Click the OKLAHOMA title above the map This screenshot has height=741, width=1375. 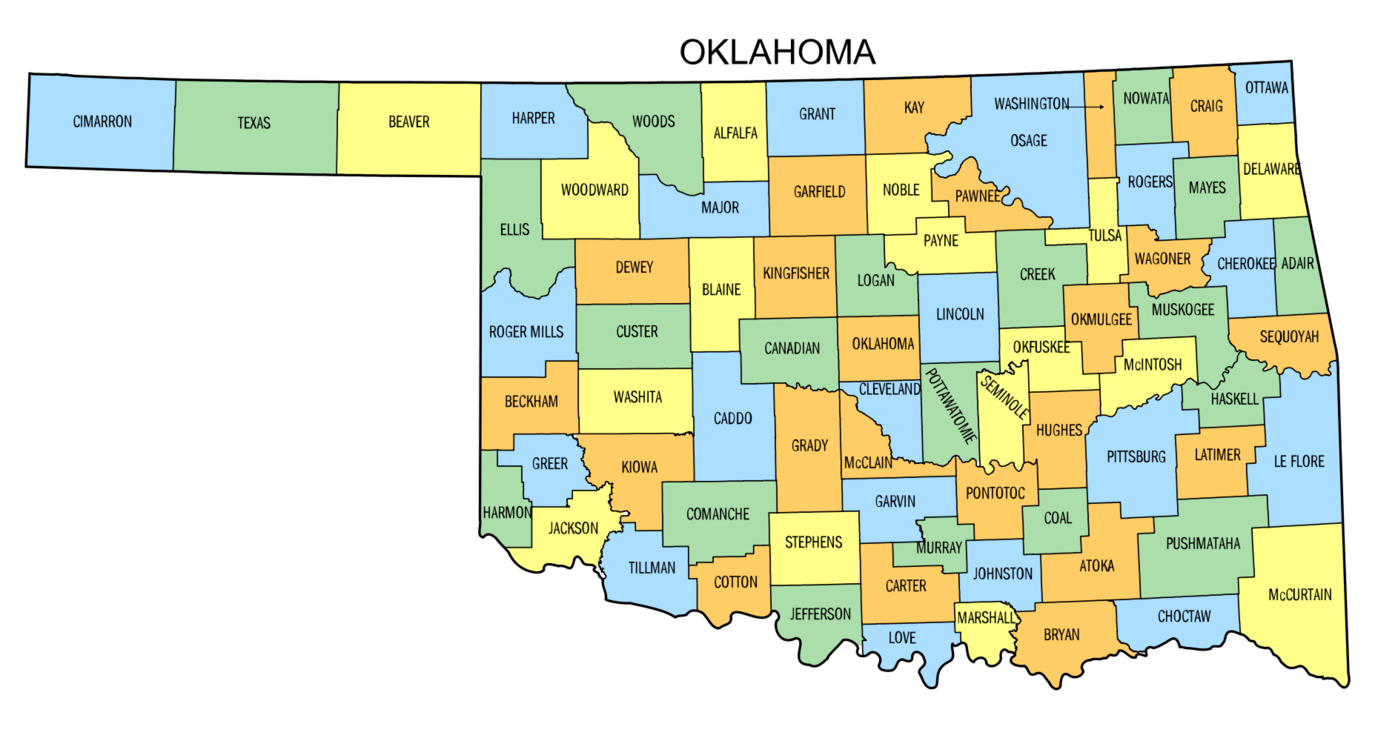coord(777,52)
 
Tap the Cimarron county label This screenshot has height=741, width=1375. coord(102,122)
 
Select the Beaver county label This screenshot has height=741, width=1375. coord(408,122)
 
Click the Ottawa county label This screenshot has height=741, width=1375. coord(1266,87)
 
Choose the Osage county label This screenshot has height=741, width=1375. coord(1028,140)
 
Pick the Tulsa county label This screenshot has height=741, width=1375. coord(1104,236)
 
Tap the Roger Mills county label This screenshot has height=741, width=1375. coord(526,332)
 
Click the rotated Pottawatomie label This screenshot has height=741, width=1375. coord(951,405)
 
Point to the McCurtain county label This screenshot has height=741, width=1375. coord(1299,594)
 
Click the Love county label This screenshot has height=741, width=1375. coord(901,638)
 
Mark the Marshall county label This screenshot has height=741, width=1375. coord(985,618)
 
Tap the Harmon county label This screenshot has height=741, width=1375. coord(506,513)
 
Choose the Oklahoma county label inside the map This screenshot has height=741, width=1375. coord(882,344)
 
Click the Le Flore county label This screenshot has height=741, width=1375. coord(1299,462)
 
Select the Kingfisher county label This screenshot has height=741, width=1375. coord(795,273)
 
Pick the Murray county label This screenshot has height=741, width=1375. coord(938,548)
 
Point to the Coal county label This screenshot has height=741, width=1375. coord(1057,518)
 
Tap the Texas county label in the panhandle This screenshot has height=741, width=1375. coord(254,123)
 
